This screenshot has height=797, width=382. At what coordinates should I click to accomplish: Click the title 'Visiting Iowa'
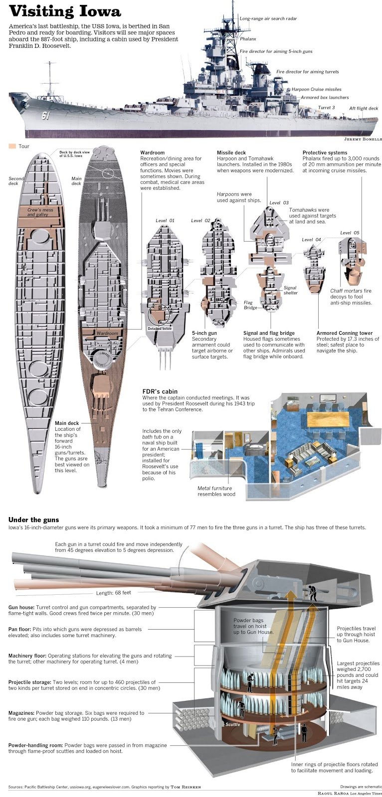[x=65, y=11]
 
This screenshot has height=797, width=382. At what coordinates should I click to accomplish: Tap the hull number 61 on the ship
[x=46, y=116]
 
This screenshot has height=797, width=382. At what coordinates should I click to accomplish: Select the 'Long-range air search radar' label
[x=268, y=19]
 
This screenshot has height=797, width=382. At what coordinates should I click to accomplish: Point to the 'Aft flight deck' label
[x=363, y=108]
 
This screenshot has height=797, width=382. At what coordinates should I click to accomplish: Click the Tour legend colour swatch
[x=12, y=146]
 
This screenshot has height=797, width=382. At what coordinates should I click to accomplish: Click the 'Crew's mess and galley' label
[x=41, y=212]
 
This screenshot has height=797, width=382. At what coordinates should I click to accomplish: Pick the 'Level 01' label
[x=165, y=221]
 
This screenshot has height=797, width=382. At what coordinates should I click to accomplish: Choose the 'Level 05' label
[x=349, y=233]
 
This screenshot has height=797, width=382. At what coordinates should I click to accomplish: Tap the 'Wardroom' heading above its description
[x=152, y=152]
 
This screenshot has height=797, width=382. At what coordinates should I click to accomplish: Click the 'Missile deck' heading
[x=231, y=152]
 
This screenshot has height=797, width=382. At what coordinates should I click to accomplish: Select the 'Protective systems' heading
[x=325, y=152]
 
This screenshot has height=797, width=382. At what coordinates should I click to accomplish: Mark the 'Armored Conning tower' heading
[x=345, y=333]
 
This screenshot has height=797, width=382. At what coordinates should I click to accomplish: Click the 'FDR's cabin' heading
[x=160, y=392]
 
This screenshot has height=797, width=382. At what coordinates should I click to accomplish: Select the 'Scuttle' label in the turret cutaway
[x=232, y=724]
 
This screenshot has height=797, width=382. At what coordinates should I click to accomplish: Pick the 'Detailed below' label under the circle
[x=160, y=329]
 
